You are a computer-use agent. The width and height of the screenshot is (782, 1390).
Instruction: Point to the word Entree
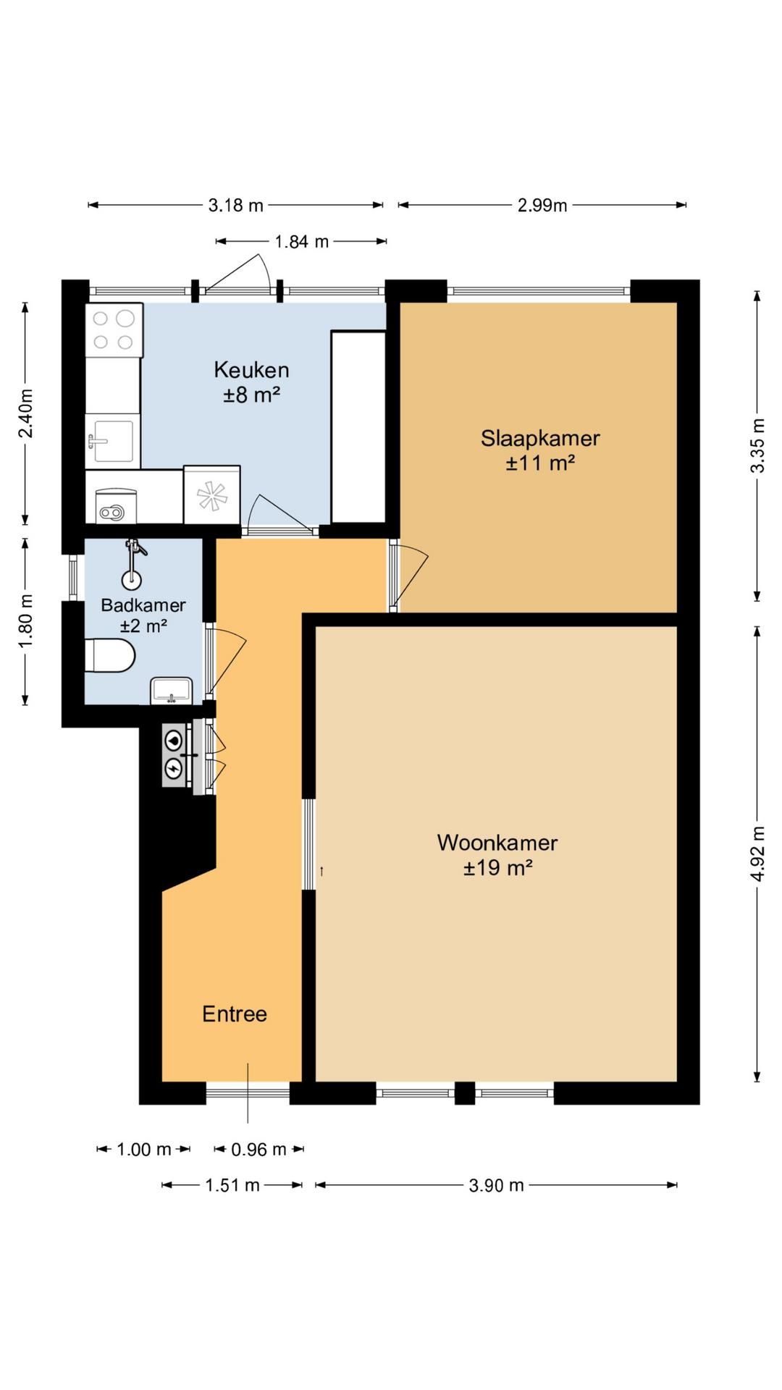click(x=235, y=1014)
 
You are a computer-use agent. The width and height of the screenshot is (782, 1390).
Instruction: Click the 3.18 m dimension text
click(x=236, y=205)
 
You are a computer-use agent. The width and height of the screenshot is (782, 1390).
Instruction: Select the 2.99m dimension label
click(x=542, y=205)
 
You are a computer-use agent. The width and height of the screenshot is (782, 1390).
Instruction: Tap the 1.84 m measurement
click(x=301, y=241)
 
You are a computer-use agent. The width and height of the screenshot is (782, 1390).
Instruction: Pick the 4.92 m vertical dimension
click(x=757, y=854)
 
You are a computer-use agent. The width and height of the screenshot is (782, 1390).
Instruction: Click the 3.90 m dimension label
click(x=496, y=1185)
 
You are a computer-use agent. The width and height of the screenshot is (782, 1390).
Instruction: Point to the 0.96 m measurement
click(x=258, y=1149)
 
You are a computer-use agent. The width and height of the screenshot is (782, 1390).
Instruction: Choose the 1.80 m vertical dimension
click(x=25, y=621)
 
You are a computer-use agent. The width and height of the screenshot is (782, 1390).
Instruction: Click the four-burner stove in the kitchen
click(x=114, y=330)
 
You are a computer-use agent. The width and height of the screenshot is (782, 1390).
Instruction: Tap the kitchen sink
click(x=111, y=440)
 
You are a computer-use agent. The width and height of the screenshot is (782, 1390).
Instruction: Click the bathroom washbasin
click(x=172, y=691)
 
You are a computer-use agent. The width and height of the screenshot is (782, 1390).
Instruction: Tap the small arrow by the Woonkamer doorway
click(x=321, y=871)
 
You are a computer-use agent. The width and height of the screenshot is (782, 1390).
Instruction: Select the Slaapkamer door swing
click(x=410, y=576)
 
